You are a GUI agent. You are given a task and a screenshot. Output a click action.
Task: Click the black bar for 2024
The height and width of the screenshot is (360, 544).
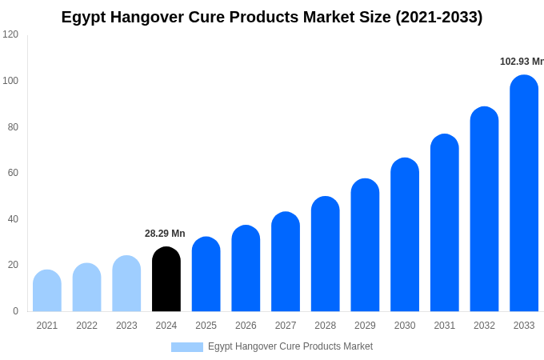coord(166,280)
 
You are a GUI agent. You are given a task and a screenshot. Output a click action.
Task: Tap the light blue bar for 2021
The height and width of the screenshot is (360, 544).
coord(47,291)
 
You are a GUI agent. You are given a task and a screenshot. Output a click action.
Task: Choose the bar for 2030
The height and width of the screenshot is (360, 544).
coord(405,235)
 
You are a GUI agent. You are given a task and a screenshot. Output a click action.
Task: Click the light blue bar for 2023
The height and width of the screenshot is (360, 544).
coord(126,284)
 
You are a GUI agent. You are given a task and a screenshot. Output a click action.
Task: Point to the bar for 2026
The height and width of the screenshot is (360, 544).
coord(246,269)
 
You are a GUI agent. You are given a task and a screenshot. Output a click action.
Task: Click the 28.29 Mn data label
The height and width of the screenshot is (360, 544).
coord(165,234)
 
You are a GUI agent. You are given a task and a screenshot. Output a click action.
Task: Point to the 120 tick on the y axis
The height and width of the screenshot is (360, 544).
coord(10,34)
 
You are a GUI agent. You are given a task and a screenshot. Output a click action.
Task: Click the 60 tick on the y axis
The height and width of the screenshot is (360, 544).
coord(13,173)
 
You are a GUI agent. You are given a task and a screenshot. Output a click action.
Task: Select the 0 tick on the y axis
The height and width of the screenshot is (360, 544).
coord(15,311)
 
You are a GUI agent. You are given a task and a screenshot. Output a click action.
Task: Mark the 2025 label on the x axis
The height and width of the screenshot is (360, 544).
coord(206,326)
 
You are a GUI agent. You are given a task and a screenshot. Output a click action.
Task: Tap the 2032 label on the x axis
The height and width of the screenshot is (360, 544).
coord(484,326)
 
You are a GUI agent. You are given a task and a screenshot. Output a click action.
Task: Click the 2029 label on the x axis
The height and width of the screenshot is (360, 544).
coord(365,326)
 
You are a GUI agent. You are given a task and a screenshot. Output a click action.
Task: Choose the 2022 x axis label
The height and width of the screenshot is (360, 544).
coord(87,326)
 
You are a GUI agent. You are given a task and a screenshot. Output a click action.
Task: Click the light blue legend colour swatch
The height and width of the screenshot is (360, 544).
coord(186,347)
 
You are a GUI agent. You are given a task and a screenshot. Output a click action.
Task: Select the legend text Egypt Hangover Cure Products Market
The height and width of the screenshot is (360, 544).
coord(290,346)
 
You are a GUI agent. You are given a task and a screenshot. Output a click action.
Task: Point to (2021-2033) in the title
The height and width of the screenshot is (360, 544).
coord(438,18)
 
